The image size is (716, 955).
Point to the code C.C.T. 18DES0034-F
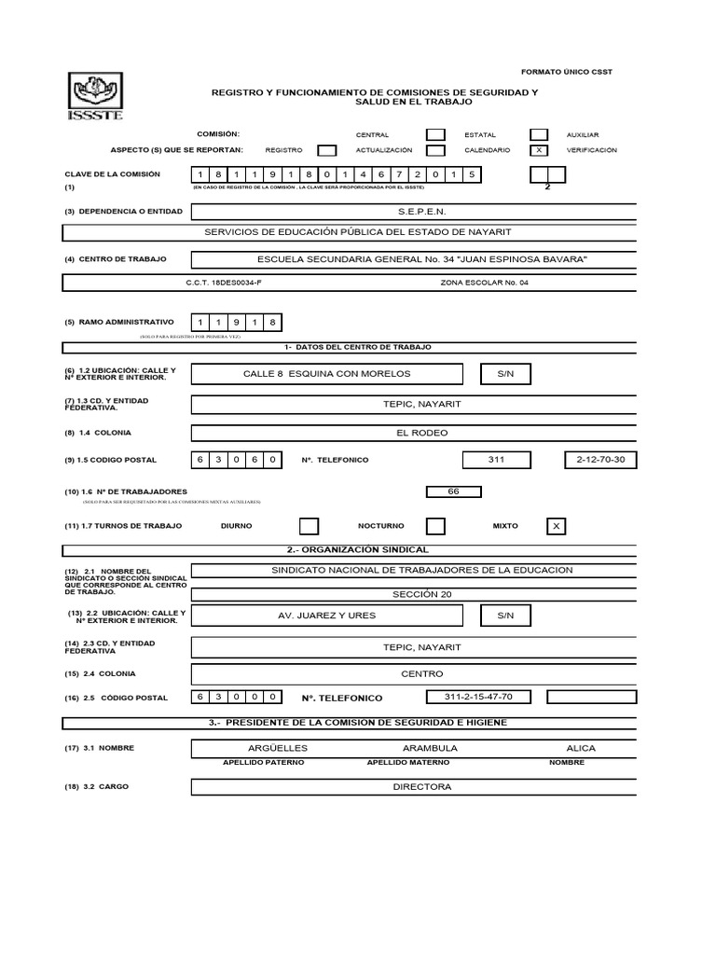click(225, 283)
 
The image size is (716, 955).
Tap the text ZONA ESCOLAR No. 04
click(483, 283)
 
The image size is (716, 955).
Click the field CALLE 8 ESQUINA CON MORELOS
click(326, 374)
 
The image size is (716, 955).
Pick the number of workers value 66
click(454, 491)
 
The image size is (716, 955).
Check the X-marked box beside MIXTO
click(557, 527)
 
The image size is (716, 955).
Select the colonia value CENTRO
click(421, 673)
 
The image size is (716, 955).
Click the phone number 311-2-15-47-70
click(479, 697)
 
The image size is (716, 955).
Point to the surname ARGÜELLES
click(278, 748)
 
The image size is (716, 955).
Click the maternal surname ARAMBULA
click(429, 748)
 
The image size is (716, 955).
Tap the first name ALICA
click(580, 748)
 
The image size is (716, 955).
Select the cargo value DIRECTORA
click(421, 787)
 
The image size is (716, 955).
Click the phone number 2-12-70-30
click(600, 460)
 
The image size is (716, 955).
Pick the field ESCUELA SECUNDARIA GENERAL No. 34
click(421, 258)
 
